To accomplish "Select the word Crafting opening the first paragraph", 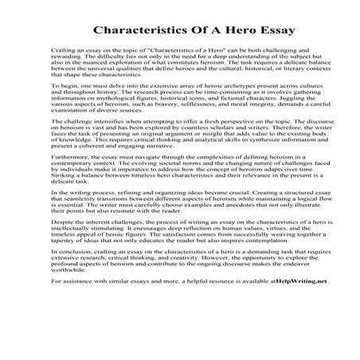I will pos(63,49).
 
